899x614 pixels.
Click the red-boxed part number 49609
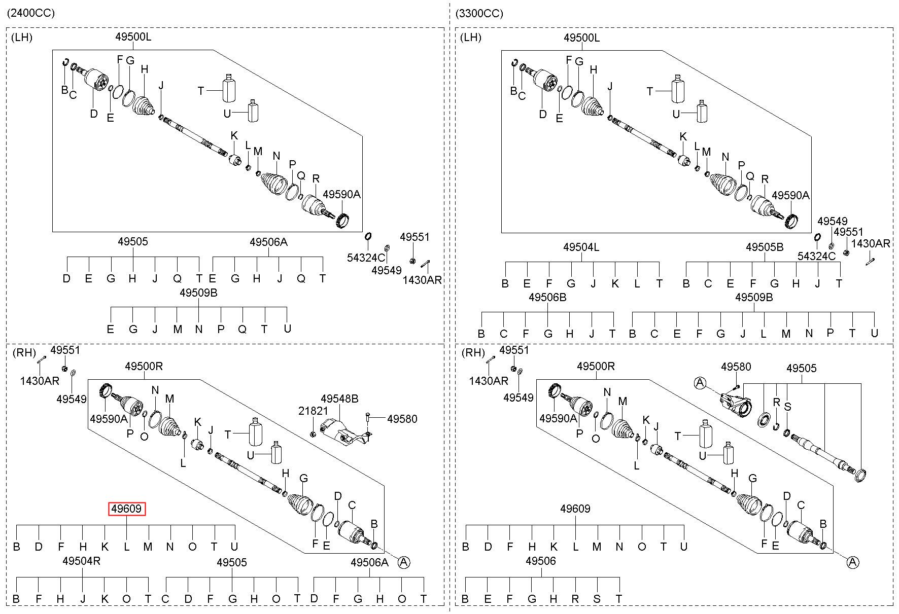tap(127, 509)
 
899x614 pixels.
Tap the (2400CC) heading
tap(31, 13)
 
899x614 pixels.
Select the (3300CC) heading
tap(479, 13)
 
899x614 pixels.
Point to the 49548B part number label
tap(339, 399)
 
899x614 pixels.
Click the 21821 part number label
tap(313, 411)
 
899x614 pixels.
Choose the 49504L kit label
tap(581, 247)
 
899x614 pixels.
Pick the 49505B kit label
tap(765, 247)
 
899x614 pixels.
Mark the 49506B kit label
tap(547, 297)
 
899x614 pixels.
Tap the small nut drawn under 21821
tap(313, 434)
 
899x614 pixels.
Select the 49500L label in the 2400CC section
tap(133, 37)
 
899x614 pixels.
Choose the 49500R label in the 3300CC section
tap(596, 366)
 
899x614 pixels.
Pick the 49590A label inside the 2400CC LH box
tap(341, 194)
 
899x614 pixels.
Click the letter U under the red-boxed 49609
tap(234, 546)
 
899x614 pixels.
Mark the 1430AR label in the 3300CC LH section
tap(871, 243)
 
